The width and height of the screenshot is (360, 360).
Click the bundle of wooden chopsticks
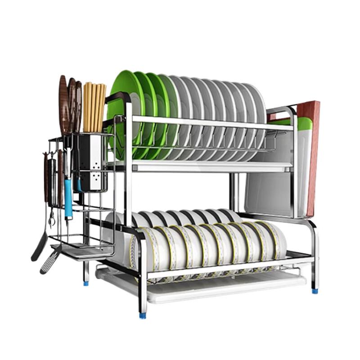point(93,106)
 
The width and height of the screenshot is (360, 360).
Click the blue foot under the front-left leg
point(143,315)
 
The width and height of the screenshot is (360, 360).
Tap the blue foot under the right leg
point(315,291)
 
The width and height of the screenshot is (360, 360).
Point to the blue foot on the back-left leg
point(86,283)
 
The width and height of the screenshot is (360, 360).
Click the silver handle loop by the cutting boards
point(281,111)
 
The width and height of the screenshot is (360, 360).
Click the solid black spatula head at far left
point(38,247)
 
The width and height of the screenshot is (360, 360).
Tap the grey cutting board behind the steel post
point(265,189)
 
